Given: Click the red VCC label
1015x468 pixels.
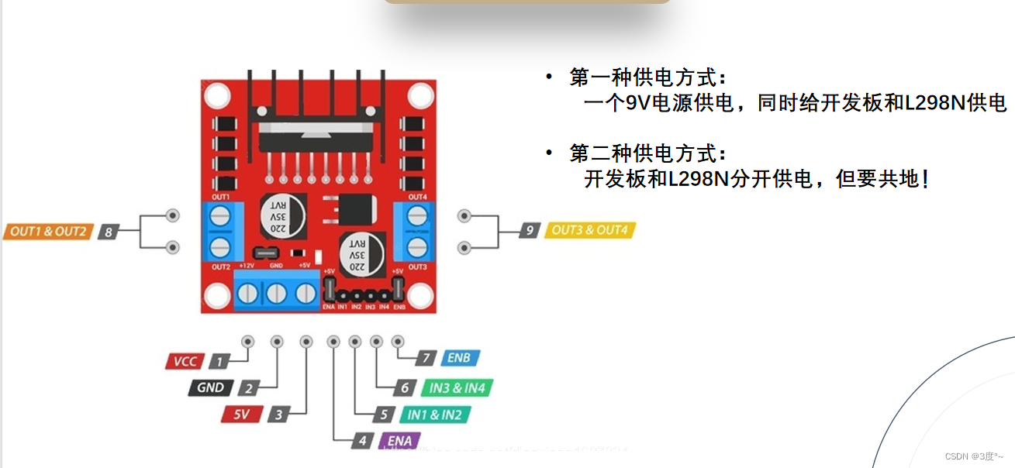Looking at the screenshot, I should (185, 361).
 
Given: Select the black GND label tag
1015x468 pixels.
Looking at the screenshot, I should (210, 387).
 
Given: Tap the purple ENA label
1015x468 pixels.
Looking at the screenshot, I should (399, 441).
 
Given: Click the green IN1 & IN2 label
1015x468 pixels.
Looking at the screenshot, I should (434, 415).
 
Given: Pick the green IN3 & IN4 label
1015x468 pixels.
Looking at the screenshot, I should (457, 387).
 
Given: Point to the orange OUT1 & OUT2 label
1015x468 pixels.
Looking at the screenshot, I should (47, 231).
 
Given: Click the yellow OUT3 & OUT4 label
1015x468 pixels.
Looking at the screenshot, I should (590, 230).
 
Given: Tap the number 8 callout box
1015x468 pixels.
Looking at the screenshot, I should (108, 231).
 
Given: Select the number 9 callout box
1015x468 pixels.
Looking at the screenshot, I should (530, 230).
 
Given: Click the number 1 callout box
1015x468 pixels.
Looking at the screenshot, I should (220, 361).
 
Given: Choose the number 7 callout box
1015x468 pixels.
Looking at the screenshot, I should (425, 358).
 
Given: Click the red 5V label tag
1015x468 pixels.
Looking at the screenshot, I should (242, 415).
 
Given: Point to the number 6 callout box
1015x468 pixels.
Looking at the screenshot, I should (404, 387).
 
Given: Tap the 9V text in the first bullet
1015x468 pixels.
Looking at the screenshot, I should (639, 103).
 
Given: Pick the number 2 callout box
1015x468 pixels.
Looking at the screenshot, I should (248, 387).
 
